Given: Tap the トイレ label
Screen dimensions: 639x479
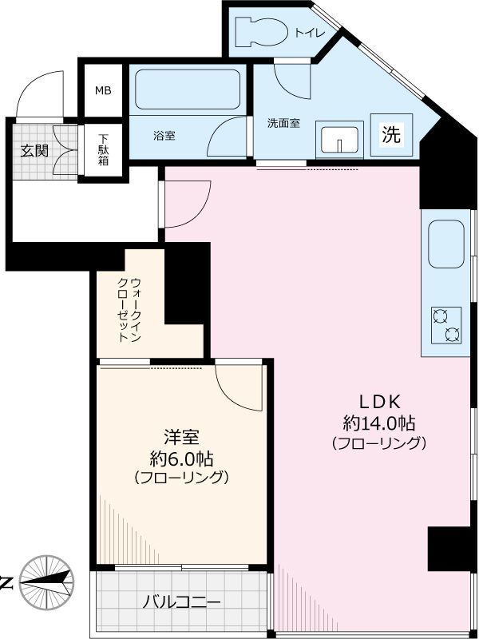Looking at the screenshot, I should pos(308,34).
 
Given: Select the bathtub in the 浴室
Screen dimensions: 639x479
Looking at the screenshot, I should pos(188,89).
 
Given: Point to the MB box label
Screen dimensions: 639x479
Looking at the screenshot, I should pos(104,89).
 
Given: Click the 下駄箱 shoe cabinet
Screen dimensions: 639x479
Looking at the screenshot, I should pos(104,148).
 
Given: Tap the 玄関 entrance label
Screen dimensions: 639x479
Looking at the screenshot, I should pos(34,149).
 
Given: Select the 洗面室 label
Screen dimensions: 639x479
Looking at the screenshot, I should pos(283,124).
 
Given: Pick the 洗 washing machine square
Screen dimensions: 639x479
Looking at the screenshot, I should pos(390,134).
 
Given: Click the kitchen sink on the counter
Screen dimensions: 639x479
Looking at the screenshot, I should pos(446,244).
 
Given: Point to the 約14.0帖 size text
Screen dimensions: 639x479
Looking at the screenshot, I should pos(378,423).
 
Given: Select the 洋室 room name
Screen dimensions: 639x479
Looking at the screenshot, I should pos(181,437).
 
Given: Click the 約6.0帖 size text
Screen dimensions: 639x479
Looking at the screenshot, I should pos(181,458).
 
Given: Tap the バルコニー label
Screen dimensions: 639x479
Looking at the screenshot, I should pos(181,602).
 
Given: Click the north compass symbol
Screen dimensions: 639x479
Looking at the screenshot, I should pos(46,581).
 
